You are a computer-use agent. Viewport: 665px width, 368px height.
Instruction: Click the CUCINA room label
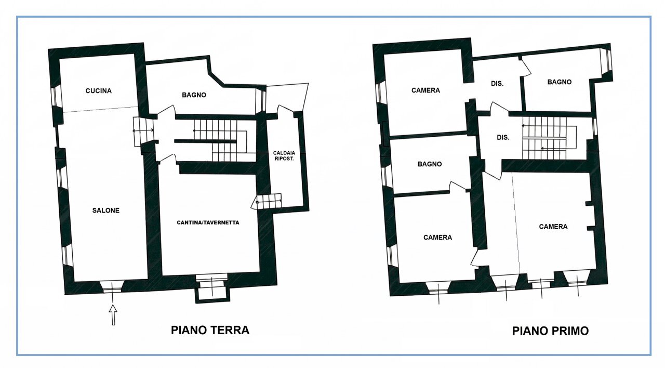point(98,91)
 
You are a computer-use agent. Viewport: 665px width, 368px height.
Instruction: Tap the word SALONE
point(106,211)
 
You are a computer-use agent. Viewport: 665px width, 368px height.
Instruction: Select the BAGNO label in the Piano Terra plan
point(194,95)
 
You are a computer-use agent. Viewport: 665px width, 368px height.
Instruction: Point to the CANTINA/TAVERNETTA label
point(208,222)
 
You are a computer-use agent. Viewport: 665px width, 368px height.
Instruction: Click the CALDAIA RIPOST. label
point(284,156)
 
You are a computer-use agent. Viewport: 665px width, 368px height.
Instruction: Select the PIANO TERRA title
point(210,330)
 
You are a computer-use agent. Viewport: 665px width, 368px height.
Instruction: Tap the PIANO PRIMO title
point(550,331)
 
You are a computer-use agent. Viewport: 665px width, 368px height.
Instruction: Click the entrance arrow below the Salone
point(113,315)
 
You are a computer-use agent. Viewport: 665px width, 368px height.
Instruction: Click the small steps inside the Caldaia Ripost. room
point(269,200)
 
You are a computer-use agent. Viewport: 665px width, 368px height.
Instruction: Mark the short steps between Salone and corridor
point(143,130)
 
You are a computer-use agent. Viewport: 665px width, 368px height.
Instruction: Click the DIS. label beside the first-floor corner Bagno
point(497,83)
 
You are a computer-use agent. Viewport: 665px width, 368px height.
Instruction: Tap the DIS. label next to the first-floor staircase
point(502,138)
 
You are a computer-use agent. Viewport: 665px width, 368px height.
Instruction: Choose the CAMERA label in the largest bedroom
point(553,227)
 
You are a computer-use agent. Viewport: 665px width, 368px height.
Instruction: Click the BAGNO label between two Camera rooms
point(429,164)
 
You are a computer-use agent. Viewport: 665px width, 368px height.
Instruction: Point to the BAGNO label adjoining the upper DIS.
point(559,82)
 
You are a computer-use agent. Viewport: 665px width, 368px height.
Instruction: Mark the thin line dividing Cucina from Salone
point(99,110)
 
